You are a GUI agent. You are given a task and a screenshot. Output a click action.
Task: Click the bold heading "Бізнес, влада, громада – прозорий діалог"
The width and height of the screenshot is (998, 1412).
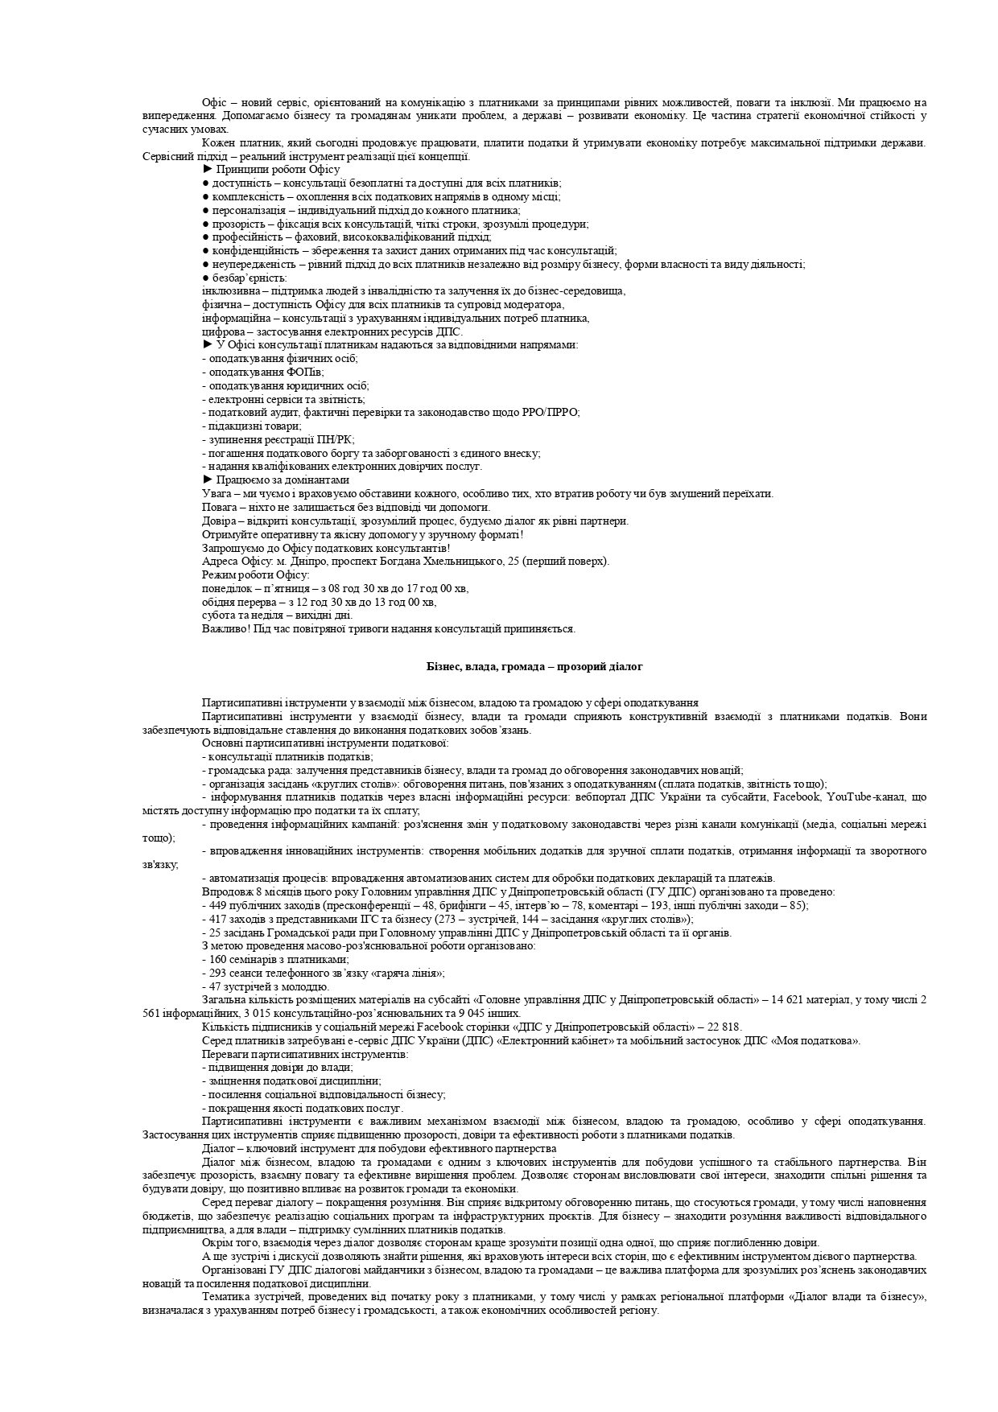pos(534,666)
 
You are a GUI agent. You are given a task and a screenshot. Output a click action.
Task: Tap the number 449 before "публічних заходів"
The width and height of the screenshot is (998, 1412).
pos(217,905)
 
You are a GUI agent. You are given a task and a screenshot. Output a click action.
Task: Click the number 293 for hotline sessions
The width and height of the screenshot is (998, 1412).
pos(217,973)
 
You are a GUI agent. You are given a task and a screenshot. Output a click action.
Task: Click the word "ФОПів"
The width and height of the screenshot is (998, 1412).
pos(308,372)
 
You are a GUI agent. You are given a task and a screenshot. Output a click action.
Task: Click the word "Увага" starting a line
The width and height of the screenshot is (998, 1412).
pos(216,493)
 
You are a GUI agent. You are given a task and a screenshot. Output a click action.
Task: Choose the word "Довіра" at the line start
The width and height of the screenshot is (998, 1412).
pos(217,521)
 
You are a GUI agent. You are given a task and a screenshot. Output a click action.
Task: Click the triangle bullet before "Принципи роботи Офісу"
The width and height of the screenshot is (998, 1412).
pos(208,170)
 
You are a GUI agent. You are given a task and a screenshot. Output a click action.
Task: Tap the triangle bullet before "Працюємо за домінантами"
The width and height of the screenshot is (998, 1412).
pos(208,480)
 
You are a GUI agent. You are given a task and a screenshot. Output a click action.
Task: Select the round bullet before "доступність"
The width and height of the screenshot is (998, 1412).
pos(206,183)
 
